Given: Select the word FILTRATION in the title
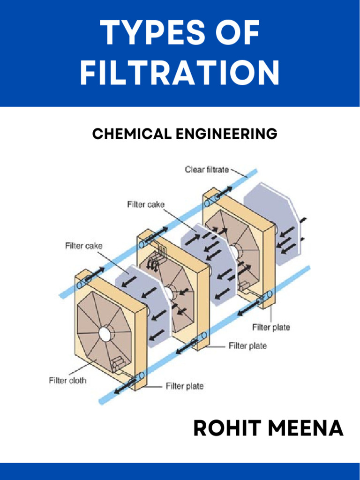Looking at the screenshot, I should pos(180,74).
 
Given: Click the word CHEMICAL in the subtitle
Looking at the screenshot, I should pos(132,134).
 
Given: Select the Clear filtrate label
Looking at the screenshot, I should pos(206,169).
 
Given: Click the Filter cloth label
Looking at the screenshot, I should pos(67,380).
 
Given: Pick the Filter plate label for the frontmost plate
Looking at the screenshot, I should pos(184,386).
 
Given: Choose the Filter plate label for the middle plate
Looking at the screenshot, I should pos(247,346).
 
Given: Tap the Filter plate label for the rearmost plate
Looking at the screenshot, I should pos(271,327).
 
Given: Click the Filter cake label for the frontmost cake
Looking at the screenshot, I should pos(83,246).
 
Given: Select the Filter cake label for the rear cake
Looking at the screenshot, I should pos(145,204).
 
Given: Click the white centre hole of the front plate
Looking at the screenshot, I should pos(105,334).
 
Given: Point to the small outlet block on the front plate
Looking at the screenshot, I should pos(117,363).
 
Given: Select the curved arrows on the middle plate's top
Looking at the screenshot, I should pos(153,263).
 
